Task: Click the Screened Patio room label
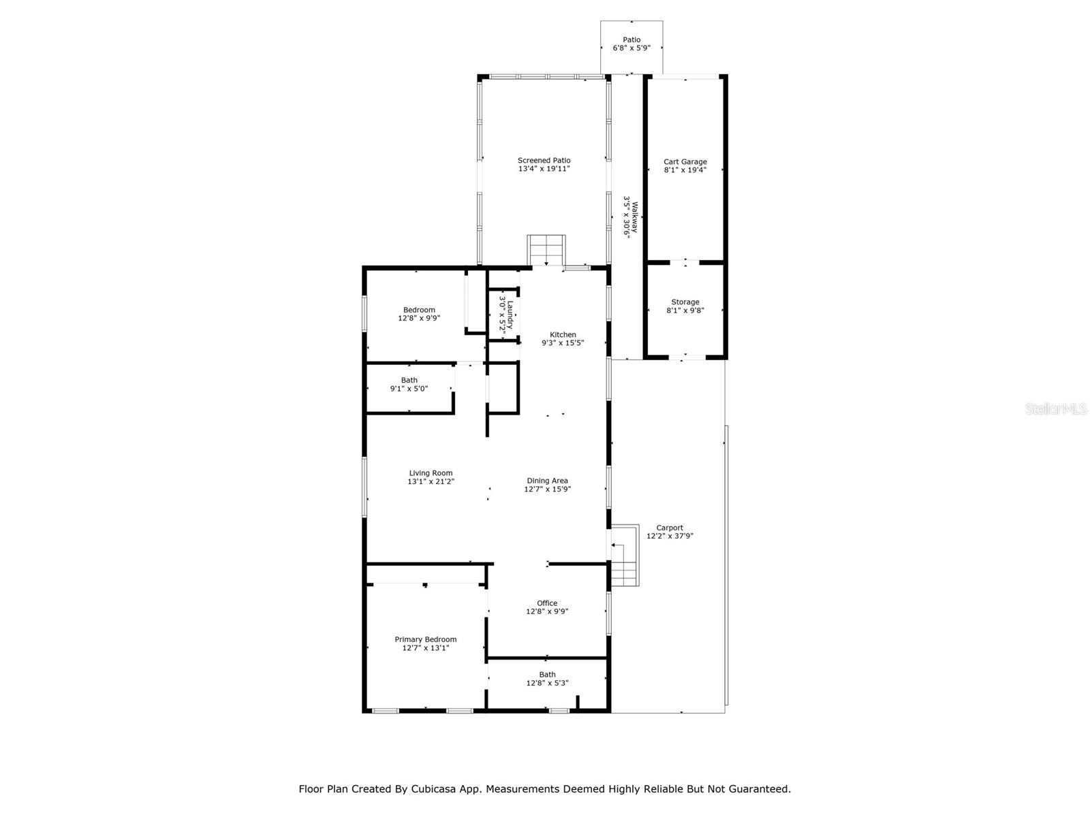tap(544, 160)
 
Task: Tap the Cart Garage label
tap(685, 162)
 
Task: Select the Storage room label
tap(685, 302)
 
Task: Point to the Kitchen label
tap(563, 335)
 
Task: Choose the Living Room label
tap(431, 473)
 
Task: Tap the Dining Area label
tap(547, 481)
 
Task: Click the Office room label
tap(547, 603)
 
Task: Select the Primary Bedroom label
tap(426, 639)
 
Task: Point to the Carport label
tap(670, 528)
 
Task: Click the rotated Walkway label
tap(634, 217)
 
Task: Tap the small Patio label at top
tap(632, 39)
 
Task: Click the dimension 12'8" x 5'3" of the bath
tap(547, 683)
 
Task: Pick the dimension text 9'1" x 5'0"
tap(409, 389)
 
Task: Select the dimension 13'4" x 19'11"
tap(544, 169)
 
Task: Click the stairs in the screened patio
tap(546, 250)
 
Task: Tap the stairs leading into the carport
tap(625, 555)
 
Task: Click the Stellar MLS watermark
tap(1056, 408)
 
